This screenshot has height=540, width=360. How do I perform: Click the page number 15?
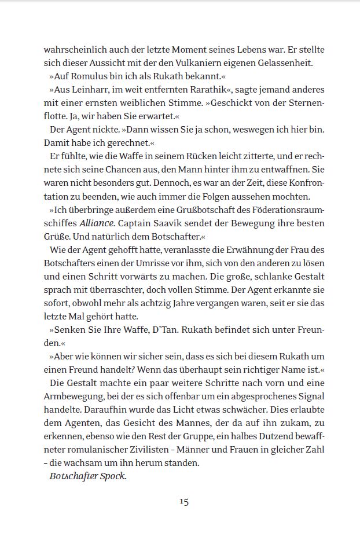click(184, 501)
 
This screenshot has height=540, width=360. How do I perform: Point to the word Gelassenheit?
click(289, 63)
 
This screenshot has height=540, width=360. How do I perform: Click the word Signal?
click(310, 396)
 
